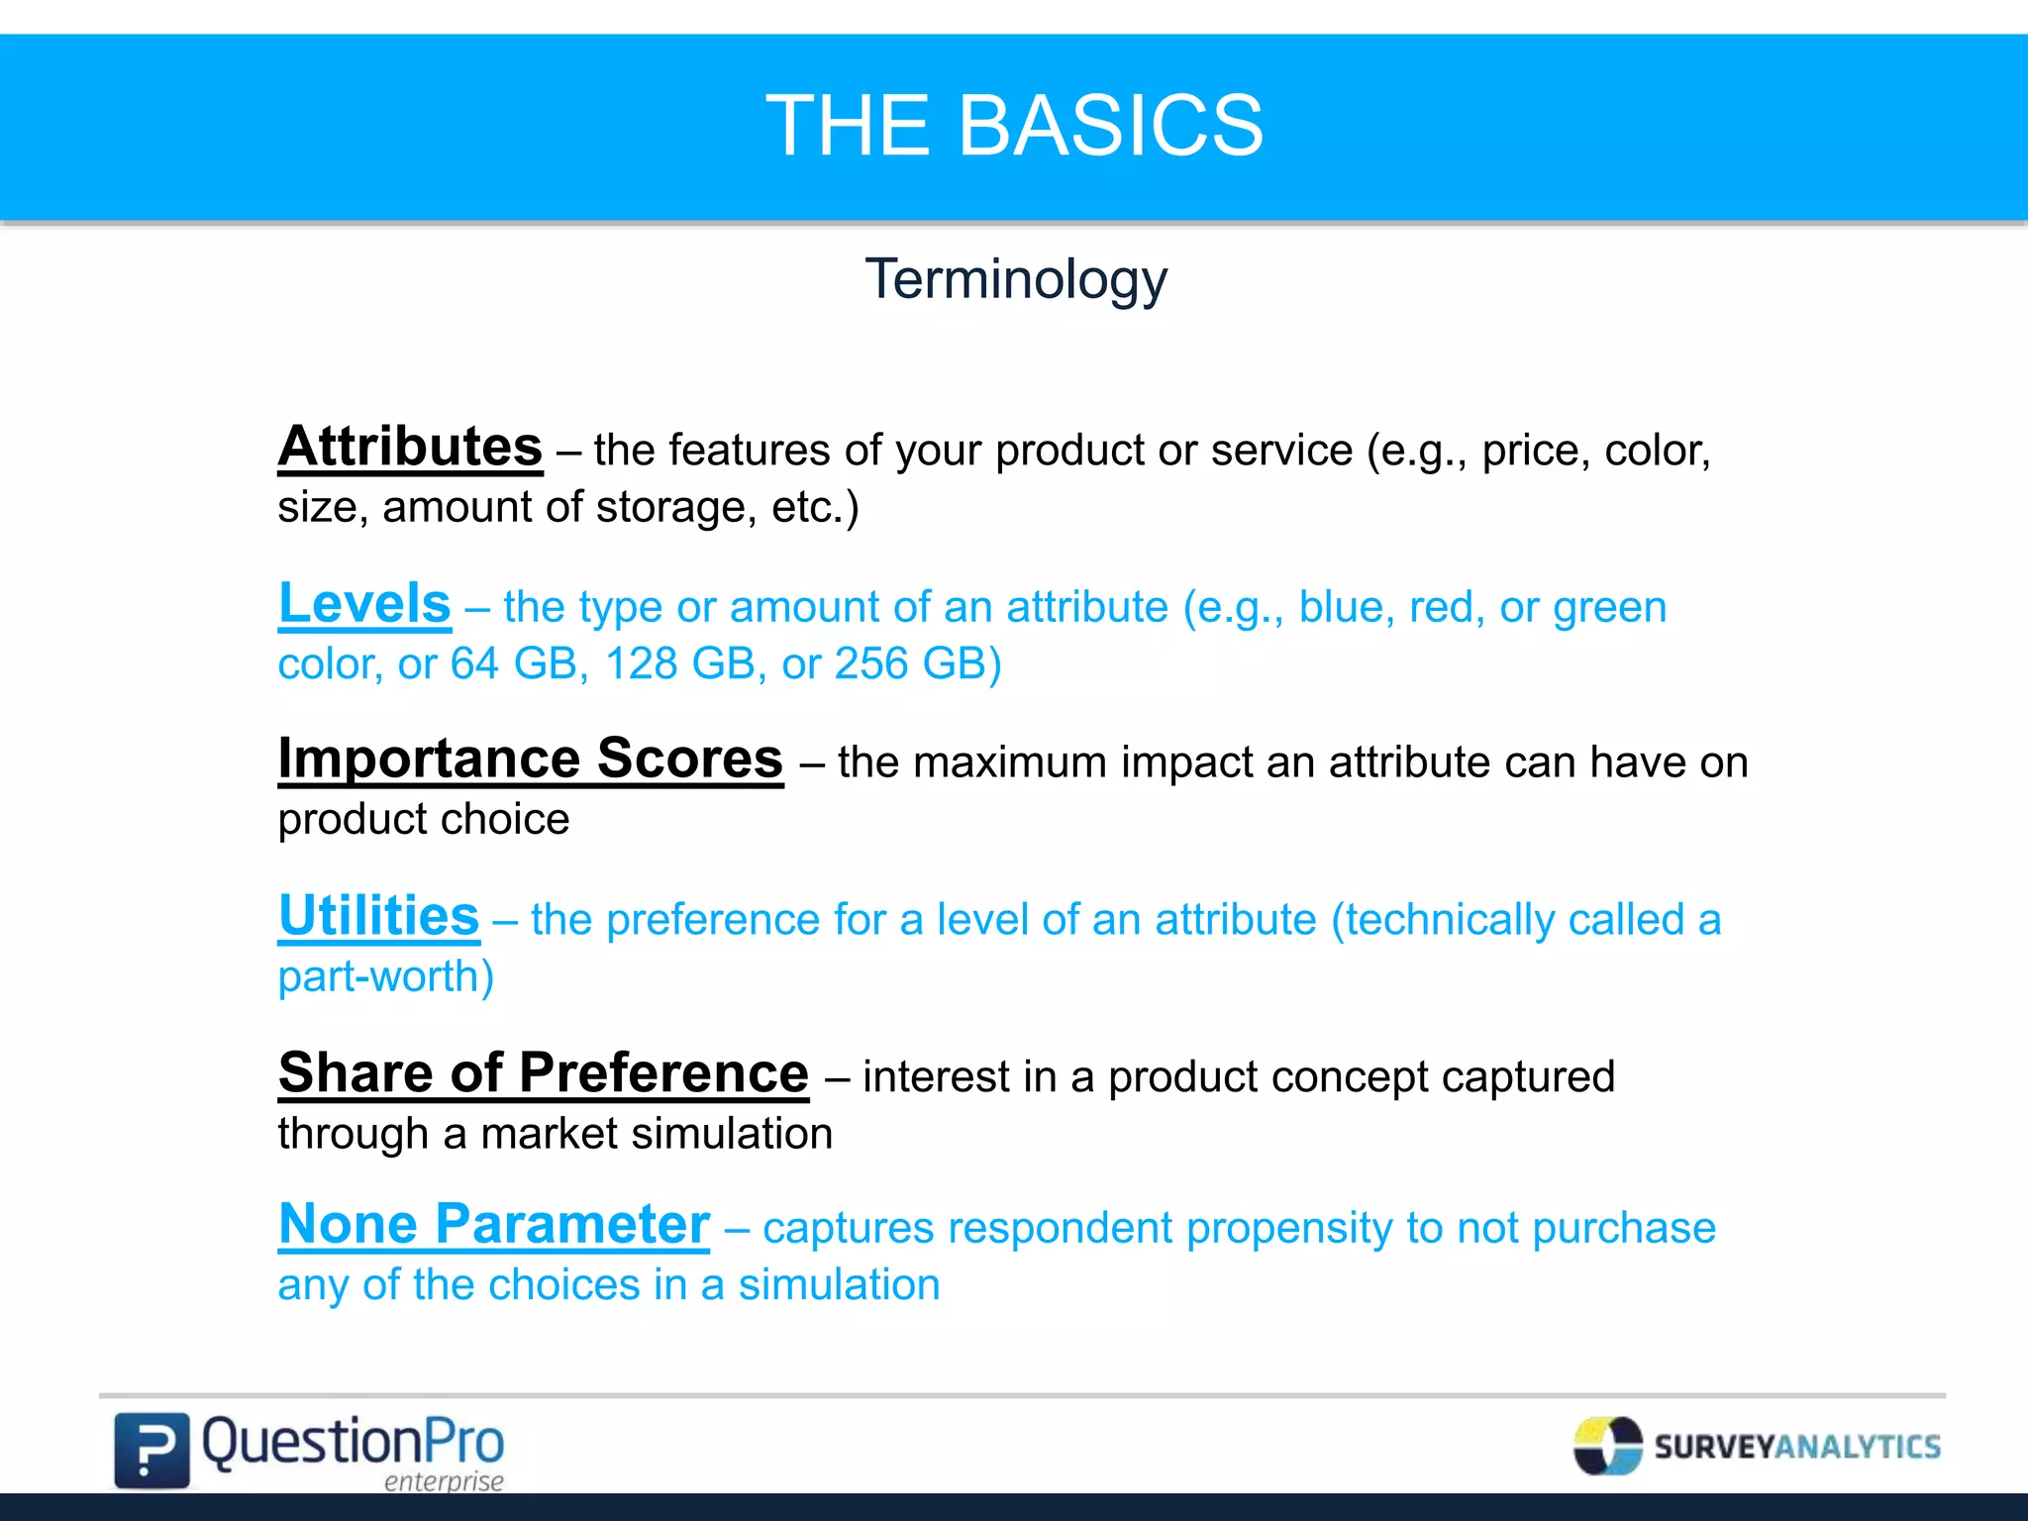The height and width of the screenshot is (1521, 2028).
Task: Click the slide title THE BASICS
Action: tap(1014, 126)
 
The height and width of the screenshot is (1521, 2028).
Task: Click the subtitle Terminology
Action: tap(1016, 280)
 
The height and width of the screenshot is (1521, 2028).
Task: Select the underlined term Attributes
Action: tap(410, 447)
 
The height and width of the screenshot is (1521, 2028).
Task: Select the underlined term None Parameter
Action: tap(494, 1224)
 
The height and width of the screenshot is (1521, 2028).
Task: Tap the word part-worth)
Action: tap(386, 977)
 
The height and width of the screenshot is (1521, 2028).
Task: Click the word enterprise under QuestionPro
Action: tap(444, 1481)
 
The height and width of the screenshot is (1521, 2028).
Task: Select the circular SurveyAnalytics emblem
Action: tap(1607, 1446)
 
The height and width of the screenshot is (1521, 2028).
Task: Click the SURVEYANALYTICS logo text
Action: tap(1797, 1447)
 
